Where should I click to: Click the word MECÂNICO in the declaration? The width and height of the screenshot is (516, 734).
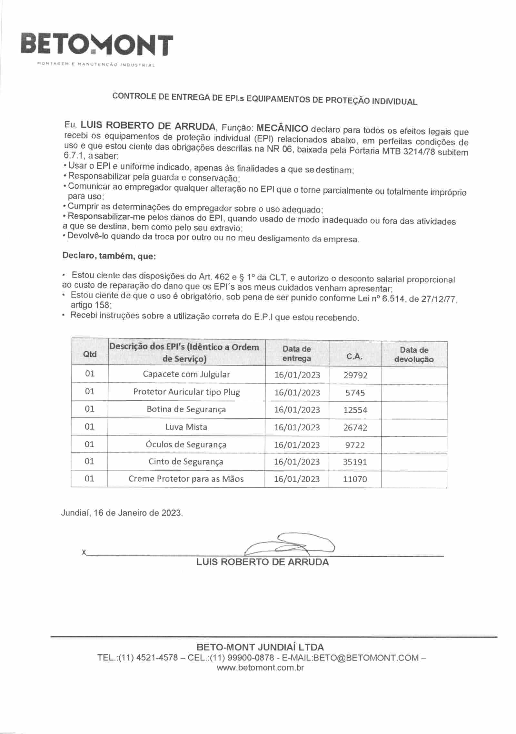pos(282,128)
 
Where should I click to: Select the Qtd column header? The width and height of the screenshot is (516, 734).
pos(90,354)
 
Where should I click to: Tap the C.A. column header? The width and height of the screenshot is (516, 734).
pos(354,357)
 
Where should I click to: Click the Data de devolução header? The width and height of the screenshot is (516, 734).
pos(414,355)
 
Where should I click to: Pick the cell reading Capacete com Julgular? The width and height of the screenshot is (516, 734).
pos(186,374)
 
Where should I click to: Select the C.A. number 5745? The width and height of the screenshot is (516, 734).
pos(355,393)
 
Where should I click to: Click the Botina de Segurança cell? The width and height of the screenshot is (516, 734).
pos(186,409)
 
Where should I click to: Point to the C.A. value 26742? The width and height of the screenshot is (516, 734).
pos(355,427)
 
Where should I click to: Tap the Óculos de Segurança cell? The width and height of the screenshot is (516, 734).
pos(186,445)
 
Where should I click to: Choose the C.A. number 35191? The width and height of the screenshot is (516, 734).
pos(355,462)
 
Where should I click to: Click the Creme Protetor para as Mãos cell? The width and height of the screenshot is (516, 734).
pos(186,479)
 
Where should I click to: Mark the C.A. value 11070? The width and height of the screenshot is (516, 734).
pos(355,479)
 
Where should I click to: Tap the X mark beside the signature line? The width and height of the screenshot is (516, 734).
pos(84,553)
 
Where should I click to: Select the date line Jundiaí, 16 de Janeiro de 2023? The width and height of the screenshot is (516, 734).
pos(122,513)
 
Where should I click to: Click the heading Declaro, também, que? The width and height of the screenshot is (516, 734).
pos(109,256)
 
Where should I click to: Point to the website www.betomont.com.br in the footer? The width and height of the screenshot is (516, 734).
pos(260,667)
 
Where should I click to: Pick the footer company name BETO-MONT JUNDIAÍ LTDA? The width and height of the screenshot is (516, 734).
pos(260,647)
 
